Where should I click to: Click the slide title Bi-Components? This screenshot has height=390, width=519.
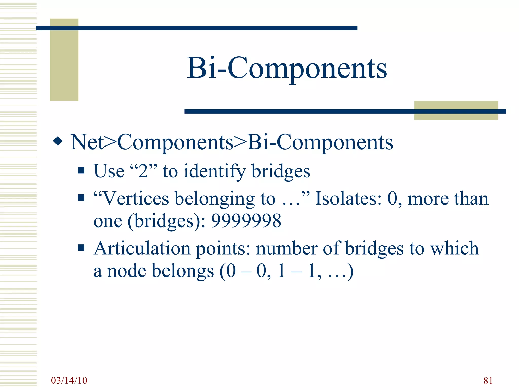[287, 68]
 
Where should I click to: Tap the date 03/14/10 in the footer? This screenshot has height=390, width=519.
[69, 380]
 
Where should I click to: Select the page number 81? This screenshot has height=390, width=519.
[488, 381]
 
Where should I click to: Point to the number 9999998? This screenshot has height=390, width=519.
[246, 220]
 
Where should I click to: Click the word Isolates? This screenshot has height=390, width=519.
[348, 198]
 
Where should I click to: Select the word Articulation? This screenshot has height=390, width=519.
[142, 248]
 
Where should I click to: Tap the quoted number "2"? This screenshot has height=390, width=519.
[143, 171]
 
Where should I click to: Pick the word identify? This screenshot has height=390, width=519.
[214, 171]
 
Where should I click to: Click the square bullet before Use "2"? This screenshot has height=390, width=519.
[81, 170]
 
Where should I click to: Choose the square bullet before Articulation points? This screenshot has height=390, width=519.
[81, 247]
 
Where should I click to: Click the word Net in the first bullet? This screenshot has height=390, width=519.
[87, 142]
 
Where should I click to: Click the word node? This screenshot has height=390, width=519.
[127, 271]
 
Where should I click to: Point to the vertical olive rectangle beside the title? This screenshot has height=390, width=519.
[64, 60]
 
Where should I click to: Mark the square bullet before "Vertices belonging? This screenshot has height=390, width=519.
[81, 198]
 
